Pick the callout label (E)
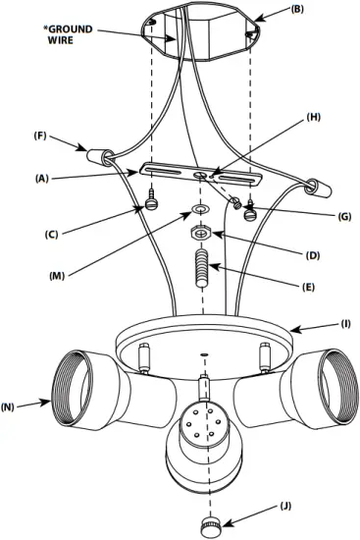[308, 287]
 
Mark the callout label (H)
[313, 117]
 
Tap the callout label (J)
[285, 508]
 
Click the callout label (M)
[59, 276]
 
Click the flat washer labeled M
[199, 209]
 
